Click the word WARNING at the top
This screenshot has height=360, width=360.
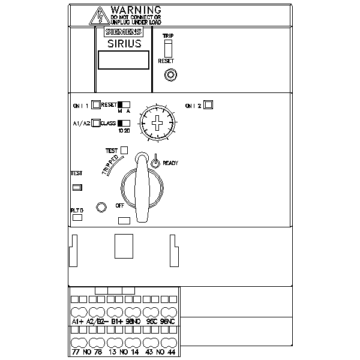coord(136,10)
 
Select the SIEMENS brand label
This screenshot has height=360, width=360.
coord(124,32)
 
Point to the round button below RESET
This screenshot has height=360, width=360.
coord(170,75)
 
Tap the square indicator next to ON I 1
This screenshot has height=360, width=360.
coord(96,105)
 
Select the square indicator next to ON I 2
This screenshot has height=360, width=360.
coord(208,105)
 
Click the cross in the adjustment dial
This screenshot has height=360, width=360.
coord(158,124)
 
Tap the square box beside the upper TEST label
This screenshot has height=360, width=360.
coord(125,150)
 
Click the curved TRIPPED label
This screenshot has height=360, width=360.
coord(112,164)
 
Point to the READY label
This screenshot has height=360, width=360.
coord(170,163)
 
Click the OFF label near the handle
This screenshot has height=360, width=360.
coord(119,205)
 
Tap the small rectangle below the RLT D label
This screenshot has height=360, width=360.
coord(77,218)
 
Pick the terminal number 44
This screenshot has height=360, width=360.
coord(170,352)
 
